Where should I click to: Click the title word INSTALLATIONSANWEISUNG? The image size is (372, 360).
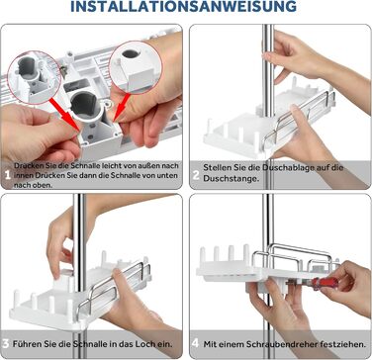tap(183, 6)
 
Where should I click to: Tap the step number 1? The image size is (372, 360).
tap(8, 175)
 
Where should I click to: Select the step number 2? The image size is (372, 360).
tap(196, 175)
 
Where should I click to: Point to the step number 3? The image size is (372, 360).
tap(6, 344)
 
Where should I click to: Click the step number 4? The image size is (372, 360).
tap(195, 344)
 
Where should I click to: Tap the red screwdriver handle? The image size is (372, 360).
tap(321, 283)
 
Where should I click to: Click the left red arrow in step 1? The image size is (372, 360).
tap(65, 112)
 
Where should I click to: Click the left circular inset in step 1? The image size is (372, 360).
tap(34, 78)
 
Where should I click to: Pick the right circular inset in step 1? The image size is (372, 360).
tap(136, 67)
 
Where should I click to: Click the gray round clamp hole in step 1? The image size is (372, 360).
tap(84, 106)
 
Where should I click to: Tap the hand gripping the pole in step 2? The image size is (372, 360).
tap(286, 57)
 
